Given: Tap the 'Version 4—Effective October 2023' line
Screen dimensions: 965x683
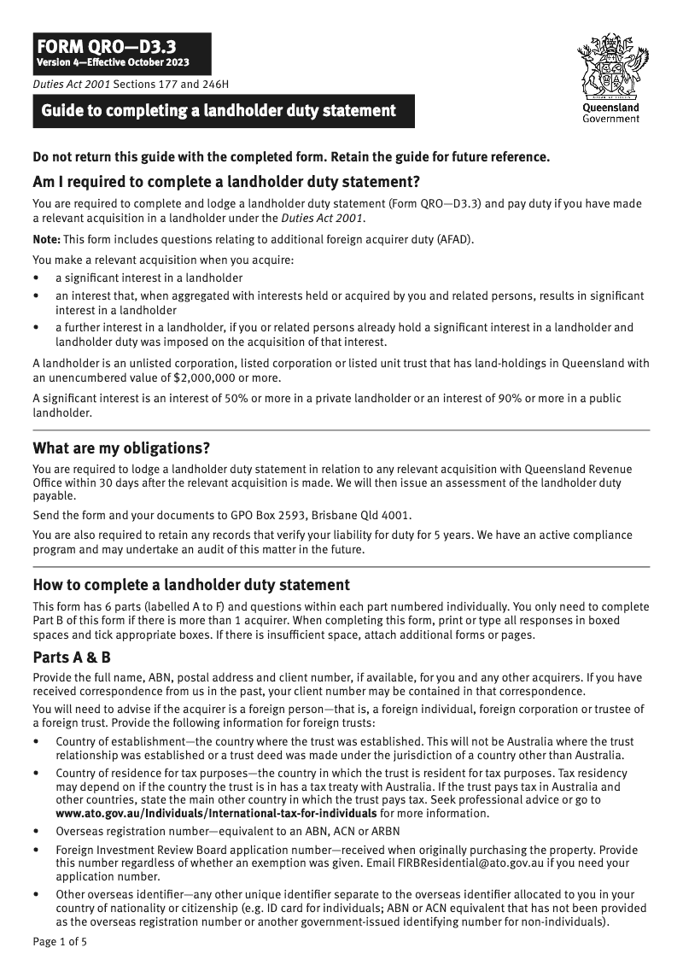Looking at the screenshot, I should click(112, 63).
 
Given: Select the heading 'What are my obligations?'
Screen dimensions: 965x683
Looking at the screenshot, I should click(121, 448).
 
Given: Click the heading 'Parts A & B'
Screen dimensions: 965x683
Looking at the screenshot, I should click(72, 658).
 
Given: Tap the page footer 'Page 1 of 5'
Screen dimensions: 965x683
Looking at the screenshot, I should click(60, 942).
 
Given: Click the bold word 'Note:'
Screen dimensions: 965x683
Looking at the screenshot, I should click(47, 238).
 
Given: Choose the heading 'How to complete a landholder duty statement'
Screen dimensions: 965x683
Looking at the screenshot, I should click(191, 585).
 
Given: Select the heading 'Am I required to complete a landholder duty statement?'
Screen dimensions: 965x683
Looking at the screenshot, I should click(226, 181).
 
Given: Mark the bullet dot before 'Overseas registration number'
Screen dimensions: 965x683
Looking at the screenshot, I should click(36, 831).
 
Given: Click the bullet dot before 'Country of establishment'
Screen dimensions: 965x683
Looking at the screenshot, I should click(36, 742).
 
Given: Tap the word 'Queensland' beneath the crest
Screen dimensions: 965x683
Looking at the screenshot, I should click(610, 108).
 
